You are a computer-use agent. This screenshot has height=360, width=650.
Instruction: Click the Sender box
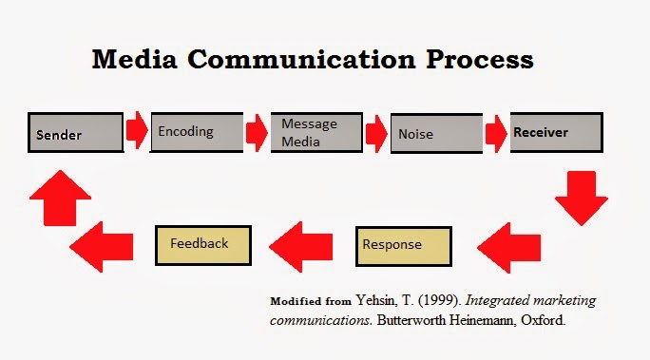click(x=75, y=132)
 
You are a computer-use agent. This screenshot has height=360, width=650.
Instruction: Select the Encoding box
click(x=197, y=132)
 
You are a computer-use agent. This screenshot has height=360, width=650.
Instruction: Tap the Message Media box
click(x=316, y=132)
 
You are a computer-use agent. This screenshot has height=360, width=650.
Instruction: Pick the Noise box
click(x=436, y=133)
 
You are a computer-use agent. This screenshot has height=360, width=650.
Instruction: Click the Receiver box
click(x=556, y=132)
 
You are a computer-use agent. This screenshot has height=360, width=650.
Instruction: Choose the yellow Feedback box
click(x=203, y=245)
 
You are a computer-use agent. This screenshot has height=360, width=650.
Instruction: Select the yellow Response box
click(x=404, y=246)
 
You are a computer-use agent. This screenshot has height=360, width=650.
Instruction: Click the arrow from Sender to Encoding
click(x=137, y=130)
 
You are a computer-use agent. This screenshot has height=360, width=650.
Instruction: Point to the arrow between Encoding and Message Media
click(x=257, y=133)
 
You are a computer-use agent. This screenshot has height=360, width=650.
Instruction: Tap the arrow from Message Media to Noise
click(x=376, y=133)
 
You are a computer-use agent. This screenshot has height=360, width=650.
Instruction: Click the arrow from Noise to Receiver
click(x=496, y=133)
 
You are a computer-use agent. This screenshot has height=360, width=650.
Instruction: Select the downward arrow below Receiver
click(x=582, y=199)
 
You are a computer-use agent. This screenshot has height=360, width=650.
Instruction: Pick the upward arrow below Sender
click(x=61, y=198)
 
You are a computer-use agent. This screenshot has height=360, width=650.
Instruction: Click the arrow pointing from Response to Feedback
click(x=301, y=247)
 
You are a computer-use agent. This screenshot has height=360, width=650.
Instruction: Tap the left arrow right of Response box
click(x=509, y=248)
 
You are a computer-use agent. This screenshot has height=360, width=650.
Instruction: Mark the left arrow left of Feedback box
click(x=102, y=247)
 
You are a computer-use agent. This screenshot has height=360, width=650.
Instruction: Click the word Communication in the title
click(x=301, y=59)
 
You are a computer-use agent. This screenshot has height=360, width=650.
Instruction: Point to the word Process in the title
click(x=480, y=59)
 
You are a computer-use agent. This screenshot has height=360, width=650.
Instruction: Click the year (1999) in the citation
click(x=439, y=300)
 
